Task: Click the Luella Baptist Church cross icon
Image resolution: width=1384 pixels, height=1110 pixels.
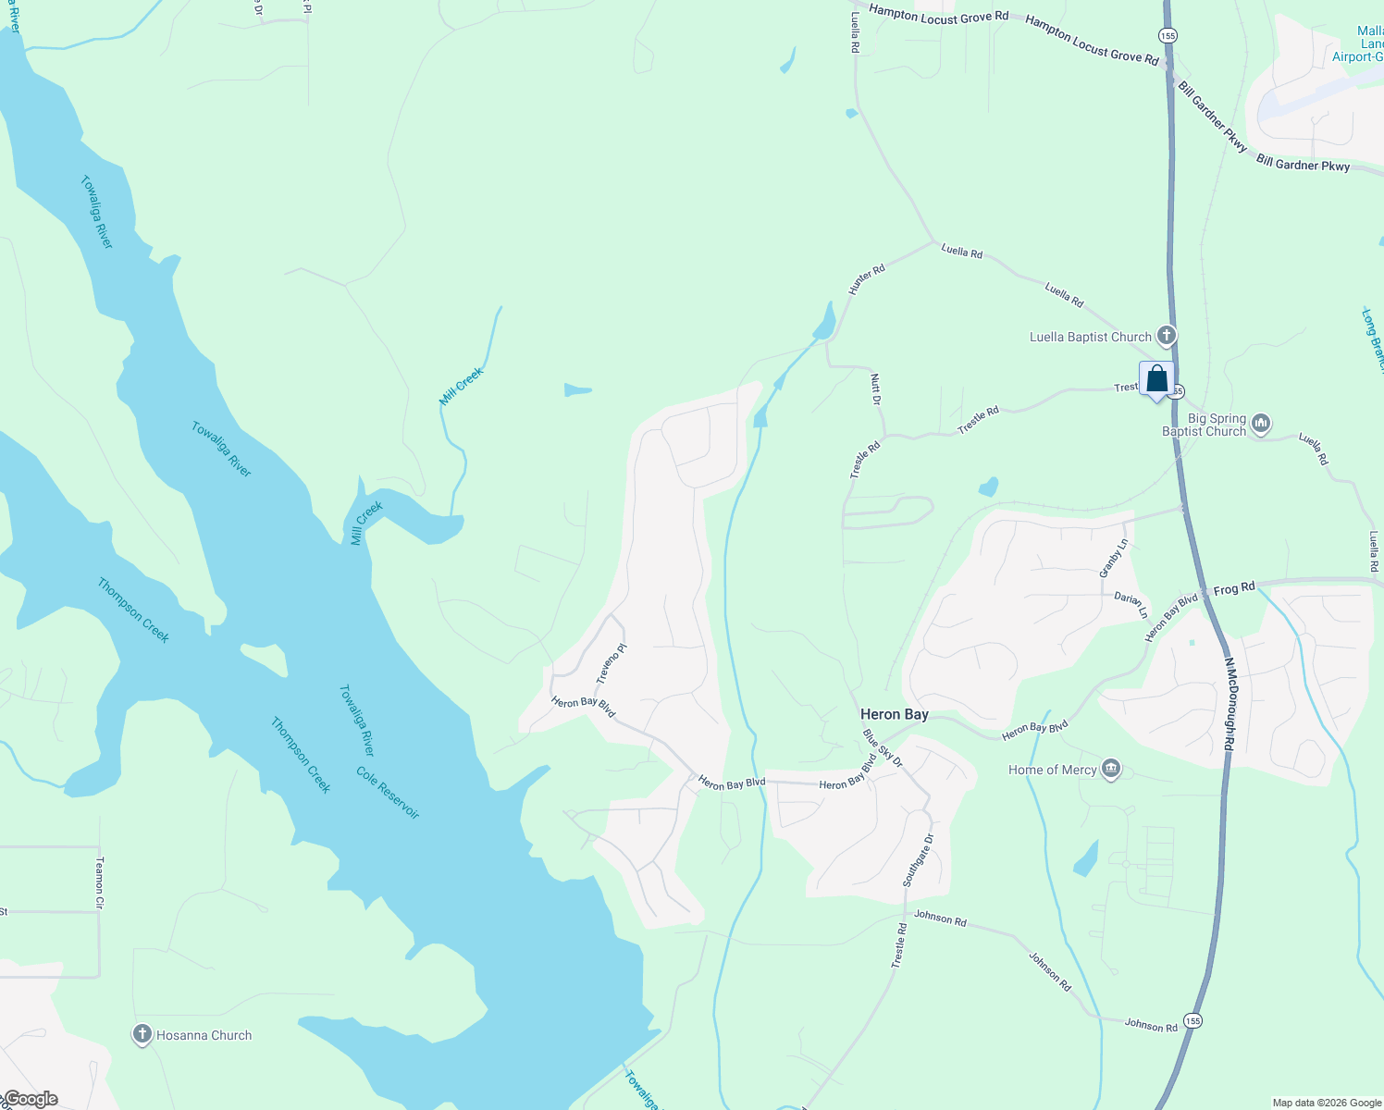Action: tap(1167, 336)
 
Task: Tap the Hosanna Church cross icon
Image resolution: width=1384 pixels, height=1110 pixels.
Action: tap(142, 1034)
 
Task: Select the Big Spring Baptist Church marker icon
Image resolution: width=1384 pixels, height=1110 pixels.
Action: tap(1261, 425)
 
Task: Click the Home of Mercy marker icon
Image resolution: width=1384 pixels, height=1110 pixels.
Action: tap(1111, 769)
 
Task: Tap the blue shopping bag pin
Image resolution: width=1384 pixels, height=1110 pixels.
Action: tap(1156, 379)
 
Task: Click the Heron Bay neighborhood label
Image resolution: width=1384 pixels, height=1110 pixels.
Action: tap(894, 714)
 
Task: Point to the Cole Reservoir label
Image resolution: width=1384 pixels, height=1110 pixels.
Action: tap(388, 793)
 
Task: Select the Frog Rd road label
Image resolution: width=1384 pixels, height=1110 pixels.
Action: tap(1234, 587)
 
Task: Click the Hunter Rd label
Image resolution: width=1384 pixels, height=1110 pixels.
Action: tap(867, 279)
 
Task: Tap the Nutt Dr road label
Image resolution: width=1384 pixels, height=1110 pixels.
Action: tap(875, 388)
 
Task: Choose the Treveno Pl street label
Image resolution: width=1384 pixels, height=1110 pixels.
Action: tap(612, 663)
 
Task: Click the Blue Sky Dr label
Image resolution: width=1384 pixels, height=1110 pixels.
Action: tap(882, 747)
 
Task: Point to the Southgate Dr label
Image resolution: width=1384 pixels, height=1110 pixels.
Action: tap(919, 860)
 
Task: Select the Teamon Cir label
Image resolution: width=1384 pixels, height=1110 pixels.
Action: tap(100, 881)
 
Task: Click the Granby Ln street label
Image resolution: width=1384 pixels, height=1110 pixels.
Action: tap(1113, 558)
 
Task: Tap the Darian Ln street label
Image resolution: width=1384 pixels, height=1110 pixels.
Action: tap(1130, 605)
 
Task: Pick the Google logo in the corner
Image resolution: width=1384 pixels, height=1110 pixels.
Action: tap(31, 1099)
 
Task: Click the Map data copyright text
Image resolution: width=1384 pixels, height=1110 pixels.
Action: tap(1327, 1103)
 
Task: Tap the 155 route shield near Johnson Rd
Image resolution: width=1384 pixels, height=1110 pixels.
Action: tap(1192, 1020)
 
